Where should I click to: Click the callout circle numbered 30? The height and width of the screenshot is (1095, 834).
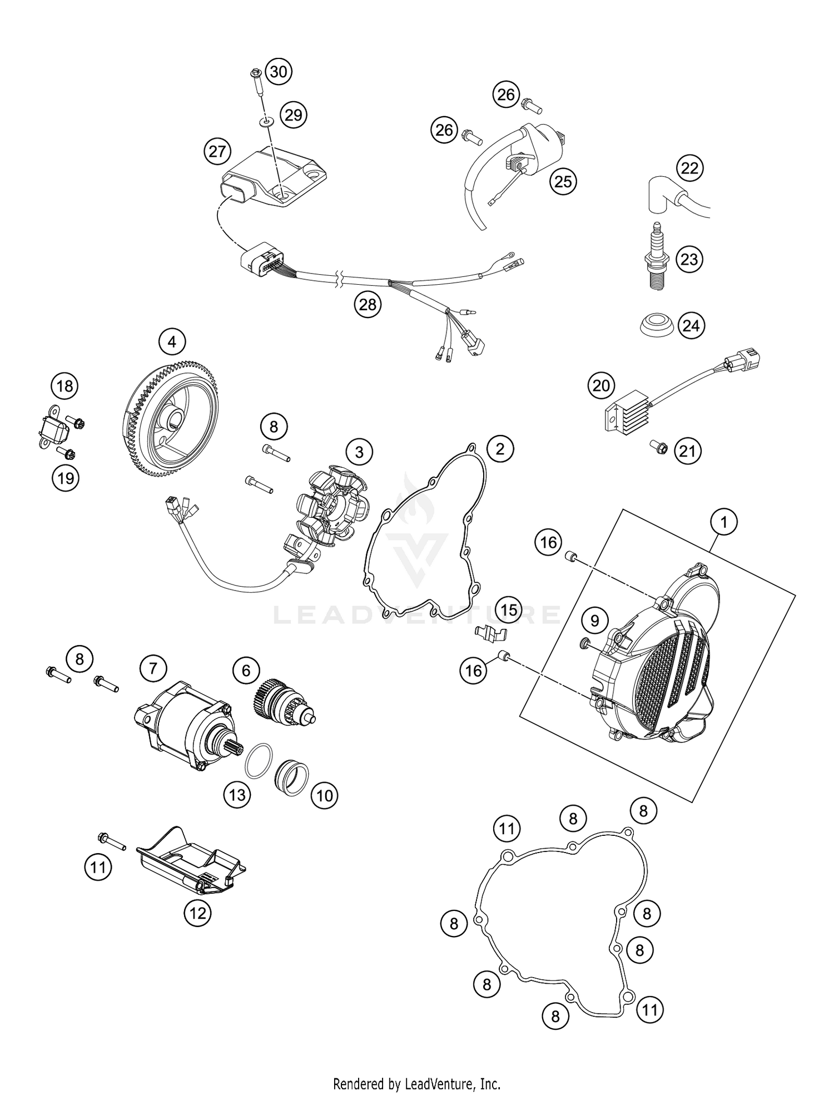[279, 72]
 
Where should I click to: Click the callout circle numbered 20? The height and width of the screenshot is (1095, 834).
[601, 385]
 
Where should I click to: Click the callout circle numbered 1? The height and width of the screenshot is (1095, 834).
[724, 522]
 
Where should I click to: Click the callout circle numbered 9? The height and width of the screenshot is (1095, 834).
[594, 620]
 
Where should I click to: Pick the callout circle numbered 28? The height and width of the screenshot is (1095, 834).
[368, 304]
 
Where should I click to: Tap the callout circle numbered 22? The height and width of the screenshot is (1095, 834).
[689, 168]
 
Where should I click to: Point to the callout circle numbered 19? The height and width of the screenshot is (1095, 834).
[66, 478]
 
